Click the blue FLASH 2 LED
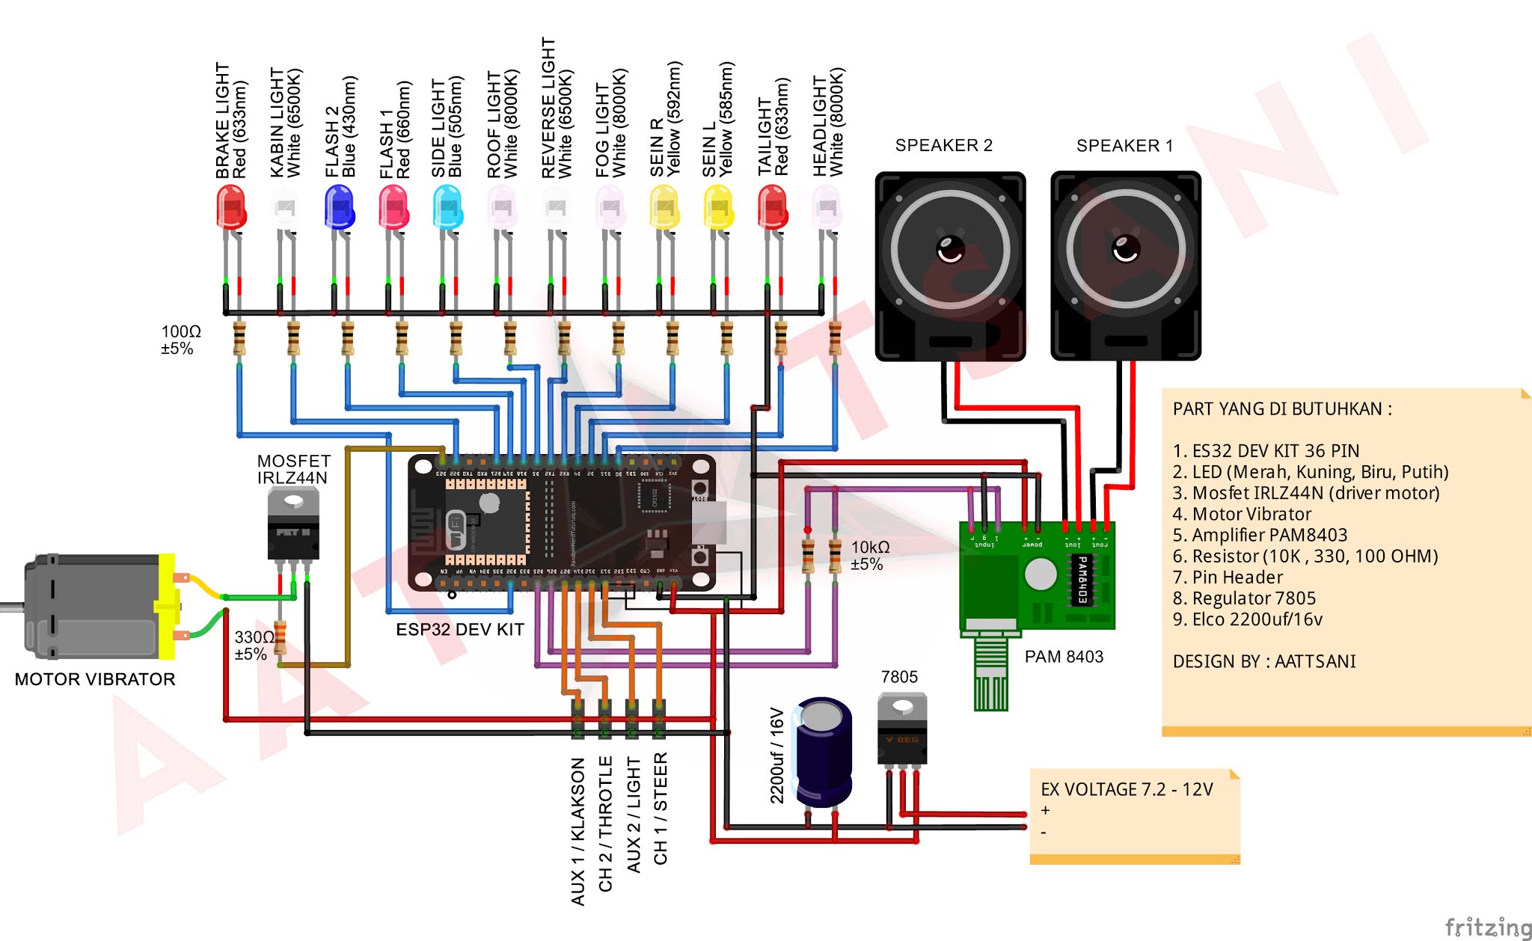point(339,206)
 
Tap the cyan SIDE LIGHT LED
point(447,206)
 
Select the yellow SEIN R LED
point(664,206)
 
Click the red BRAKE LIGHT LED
point(231,206)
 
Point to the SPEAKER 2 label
point(943,145)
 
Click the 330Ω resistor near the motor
point(281,637)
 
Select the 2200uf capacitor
point(823,752)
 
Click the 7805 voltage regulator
point(902,729)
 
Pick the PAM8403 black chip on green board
point(1080,580)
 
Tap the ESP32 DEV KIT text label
point(459,630)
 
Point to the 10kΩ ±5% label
point(870,556)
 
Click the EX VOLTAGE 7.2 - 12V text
point(1126,789)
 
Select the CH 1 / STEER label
point(660,809)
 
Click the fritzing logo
point(1487,927)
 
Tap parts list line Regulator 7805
point(1244,598)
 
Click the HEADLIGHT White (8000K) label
point(828,123)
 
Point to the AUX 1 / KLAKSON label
point(577,830)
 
